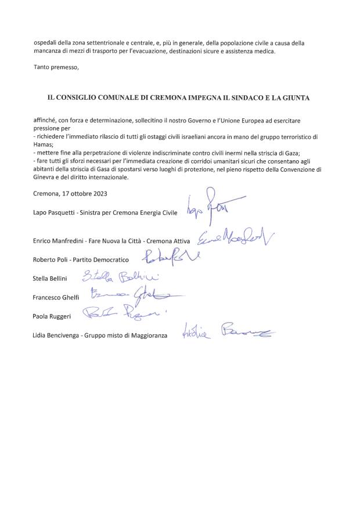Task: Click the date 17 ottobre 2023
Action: pos(88,193)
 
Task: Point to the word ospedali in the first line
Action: pos(46,43)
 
